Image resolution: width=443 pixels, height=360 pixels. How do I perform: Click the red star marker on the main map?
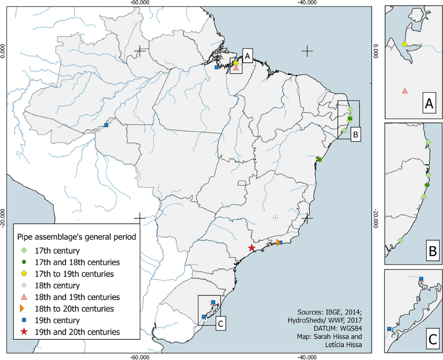click(251, 248)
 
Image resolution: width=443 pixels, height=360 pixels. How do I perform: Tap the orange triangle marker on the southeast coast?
click(278, 242)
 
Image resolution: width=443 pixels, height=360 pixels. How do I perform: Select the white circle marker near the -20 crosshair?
click(275, 217)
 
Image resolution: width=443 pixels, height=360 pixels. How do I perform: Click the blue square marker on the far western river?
click(106, 125)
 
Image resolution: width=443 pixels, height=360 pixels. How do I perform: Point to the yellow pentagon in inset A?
click(405, 44)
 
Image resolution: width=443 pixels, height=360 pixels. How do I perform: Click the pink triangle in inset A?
click(405, 90)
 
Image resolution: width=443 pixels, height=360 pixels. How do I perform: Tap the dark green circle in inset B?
click(427, 185)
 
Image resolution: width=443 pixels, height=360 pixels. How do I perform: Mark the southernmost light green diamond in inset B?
click(400, 240)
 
